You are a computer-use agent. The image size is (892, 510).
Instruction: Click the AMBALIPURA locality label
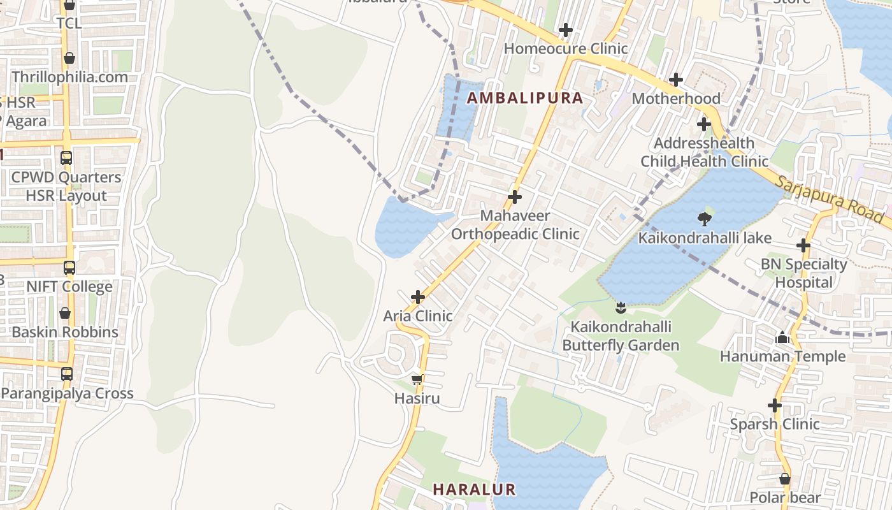click(x=525, y=98)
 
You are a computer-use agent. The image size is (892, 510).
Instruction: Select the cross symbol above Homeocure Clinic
click(x=565, y=30)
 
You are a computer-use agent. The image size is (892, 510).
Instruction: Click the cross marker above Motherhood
click(x=676, y=80)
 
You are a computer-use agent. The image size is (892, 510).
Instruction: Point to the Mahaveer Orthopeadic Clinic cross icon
click(x=515, y=197)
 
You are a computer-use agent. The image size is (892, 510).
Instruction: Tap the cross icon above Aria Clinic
click(x=418, y=297)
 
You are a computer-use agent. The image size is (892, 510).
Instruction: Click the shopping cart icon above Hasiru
click(x=417, y=380)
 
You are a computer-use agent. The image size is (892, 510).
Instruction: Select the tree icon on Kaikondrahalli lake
click(x=705, y=219)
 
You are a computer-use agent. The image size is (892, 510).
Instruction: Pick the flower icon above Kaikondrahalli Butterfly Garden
click(x=621, y=309)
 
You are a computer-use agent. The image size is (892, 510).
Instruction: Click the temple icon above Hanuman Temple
click(x=782, y=338)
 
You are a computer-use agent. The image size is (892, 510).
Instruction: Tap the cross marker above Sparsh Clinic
click(x=775, y=405)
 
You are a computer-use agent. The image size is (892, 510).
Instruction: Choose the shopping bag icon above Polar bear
click(x=785, y=479)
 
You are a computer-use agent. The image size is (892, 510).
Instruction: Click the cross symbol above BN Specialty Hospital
click(x=803, y=245)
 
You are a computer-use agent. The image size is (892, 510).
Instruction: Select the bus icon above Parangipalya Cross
click(x=67, y=374)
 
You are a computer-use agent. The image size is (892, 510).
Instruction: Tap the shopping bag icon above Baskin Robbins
click(x=65, y=313)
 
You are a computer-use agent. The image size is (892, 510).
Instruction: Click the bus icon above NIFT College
click(x=69, y=268)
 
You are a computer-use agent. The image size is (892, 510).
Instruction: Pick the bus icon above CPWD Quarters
click(x=66, y=158)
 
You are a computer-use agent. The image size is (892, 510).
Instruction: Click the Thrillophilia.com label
click(x=69, y=77)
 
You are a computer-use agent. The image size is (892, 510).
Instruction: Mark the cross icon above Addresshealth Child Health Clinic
click(x=703, y=124)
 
